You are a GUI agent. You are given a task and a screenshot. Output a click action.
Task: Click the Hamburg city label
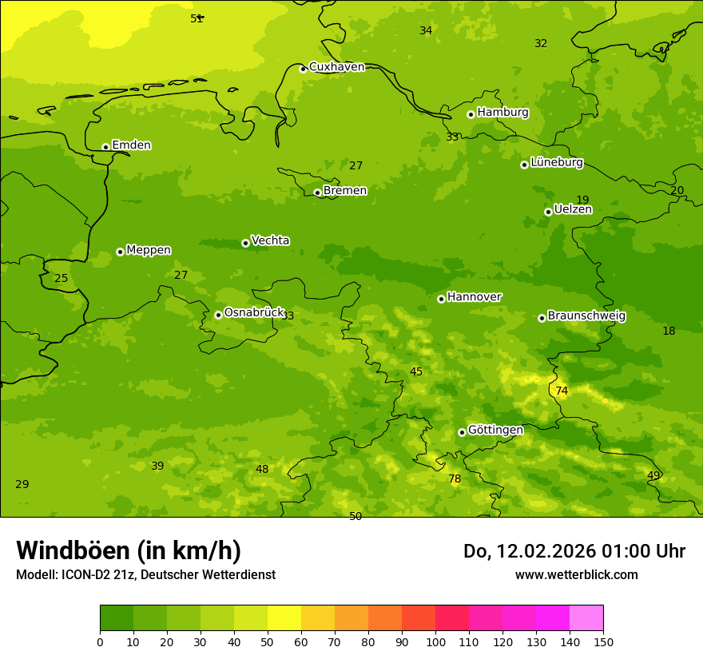click(502, 113)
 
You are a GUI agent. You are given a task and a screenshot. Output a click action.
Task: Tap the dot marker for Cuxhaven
click(303, 69)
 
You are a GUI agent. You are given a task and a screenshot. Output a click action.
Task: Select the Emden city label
click(131, 145)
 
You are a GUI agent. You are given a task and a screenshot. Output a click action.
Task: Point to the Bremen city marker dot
click(317, 193)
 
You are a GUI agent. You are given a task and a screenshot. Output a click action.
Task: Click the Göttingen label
click(495, 430)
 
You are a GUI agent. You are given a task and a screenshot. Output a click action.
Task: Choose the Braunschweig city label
click(586, 316)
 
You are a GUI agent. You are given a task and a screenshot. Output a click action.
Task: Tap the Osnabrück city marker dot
click(218, 315)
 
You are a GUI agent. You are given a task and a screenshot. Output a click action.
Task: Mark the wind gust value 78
click(455, 479)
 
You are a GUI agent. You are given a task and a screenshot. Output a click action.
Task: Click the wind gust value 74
click(562, 391)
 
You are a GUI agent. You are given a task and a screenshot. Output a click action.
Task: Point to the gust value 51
click(197, 18)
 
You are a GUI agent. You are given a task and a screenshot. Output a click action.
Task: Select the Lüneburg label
click(556, 162)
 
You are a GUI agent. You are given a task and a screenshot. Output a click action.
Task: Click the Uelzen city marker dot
click(548, 212)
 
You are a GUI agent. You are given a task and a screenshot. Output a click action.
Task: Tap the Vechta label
click(270, 240)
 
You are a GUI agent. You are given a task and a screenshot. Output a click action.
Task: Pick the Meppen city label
click(149, 250)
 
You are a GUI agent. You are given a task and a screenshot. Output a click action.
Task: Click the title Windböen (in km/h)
click(129, 550)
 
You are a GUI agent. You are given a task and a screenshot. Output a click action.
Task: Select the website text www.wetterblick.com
click(576, 575)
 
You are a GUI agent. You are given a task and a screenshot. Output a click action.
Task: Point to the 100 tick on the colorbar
click(435, 641)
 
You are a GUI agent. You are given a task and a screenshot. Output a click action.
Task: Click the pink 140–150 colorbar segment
click(586, 618)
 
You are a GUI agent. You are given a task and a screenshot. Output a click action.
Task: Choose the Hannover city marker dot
click(441, 299)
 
